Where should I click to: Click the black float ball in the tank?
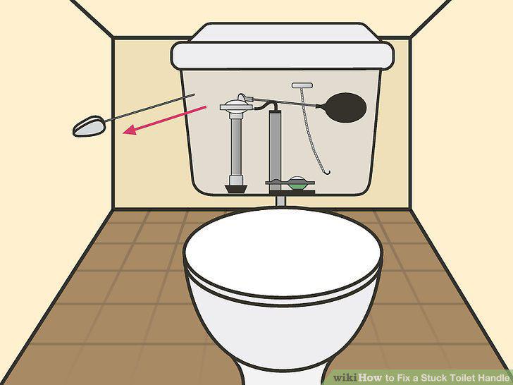[345, 108]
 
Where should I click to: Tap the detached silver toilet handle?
[89, 126]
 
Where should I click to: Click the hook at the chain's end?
[326, 172]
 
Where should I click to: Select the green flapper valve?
[297, 185]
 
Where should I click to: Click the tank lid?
[283, 46]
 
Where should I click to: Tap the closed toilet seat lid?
[283, 252]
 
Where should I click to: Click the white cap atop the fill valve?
[236, 105]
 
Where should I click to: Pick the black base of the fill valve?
[235, 189]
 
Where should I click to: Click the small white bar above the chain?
[302, 85]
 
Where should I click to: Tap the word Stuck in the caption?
[434, 378]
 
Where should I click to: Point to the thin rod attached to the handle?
[149, 109]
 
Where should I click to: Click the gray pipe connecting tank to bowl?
[280, 200]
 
